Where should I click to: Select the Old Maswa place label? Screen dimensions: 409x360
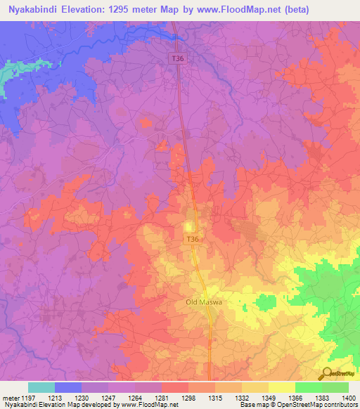[198, 302]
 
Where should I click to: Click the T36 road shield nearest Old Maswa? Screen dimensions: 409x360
[192, 240]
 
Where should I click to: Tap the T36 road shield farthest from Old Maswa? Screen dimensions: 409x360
[179, 59]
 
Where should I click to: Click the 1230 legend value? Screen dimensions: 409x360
[82, 397]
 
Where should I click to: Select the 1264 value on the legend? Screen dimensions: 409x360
[135, 397]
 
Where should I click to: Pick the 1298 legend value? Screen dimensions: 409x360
[188, 397]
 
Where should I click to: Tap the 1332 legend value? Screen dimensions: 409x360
[242, 397]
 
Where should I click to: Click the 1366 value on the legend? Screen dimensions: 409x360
[295, 397]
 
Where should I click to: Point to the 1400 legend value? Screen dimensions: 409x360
[347, 397]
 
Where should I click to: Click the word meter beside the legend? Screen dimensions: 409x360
[11, 397]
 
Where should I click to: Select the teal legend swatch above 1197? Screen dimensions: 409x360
[41, 387]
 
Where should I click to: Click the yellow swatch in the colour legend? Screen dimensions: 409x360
[281, 387]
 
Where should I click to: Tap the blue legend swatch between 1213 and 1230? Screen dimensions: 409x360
[68, 387]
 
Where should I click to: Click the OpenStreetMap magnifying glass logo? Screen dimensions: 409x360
[326, 373]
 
